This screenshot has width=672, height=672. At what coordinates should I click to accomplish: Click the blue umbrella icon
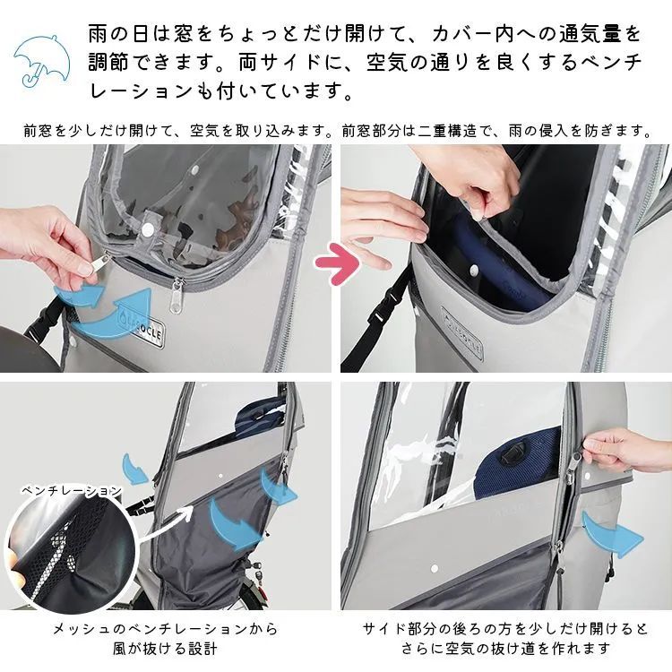(x=43, y=59)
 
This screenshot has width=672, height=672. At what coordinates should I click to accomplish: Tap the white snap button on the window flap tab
(x=147, y=230)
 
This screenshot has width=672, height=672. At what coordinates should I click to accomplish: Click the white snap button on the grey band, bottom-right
(x=435, y=568)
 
